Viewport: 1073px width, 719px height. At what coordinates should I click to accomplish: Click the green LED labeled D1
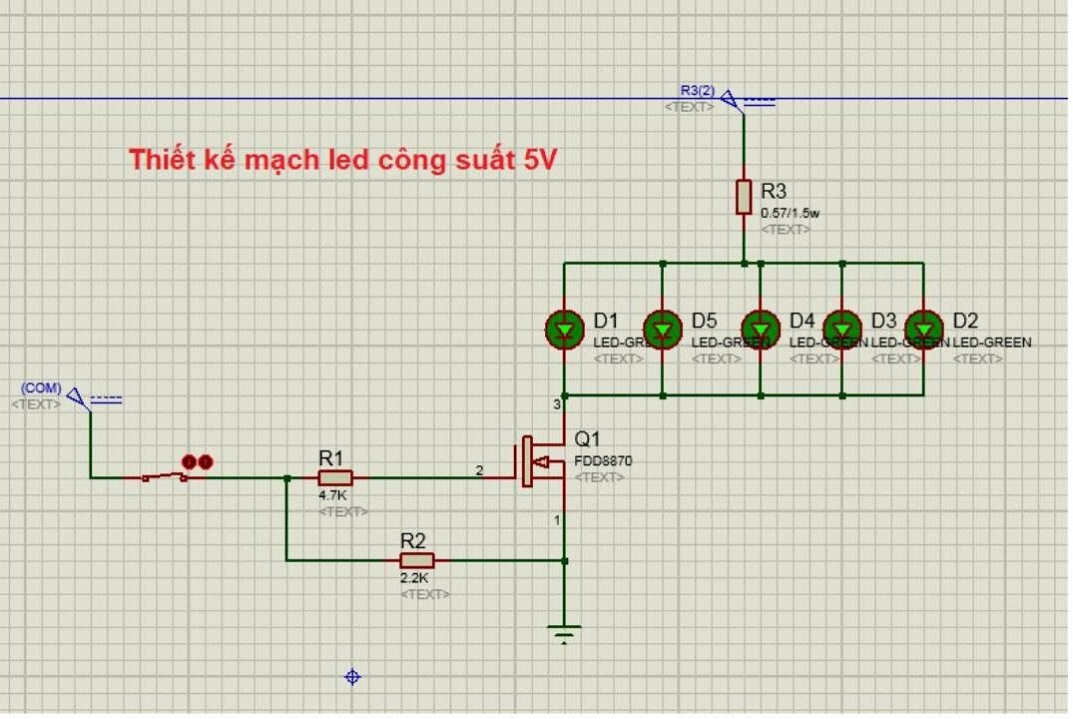tap(564, 329)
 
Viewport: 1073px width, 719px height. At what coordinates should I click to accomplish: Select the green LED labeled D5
tap(663, 329)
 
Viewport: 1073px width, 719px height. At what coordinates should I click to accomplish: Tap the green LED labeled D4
tap(761, 329)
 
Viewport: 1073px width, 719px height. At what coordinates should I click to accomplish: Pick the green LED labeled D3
tap(842, 329)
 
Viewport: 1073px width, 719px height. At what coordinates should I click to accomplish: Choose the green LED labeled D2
tap(923, 329)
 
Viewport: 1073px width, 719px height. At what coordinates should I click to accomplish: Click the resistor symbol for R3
tap(744, 197)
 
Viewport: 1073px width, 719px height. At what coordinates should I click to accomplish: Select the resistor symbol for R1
tap(335, 478)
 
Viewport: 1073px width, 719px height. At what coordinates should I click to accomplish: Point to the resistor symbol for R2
tap(417, 560)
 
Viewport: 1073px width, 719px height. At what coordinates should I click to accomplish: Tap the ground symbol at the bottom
tap(565, 634)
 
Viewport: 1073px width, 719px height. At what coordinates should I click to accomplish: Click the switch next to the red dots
tap(165, 477)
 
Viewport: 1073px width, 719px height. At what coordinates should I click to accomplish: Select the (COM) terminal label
tap(41, 387)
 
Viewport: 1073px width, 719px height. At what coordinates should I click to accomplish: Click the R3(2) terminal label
tap(698, 91)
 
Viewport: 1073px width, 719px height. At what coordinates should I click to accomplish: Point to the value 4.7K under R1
tap(332, 495)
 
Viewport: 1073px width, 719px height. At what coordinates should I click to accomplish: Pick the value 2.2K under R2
tap(415, 578)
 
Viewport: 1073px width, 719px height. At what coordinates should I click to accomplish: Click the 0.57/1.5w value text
tap(790, 213)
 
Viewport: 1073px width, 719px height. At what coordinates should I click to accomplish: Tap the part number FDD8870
tap(603, 461)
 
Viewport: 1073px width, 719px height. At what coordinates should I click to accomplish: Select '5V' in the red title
tap(538, 160)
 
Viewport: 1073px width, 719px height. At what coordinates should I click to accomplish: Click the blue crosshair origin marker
tap(352, 677)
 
